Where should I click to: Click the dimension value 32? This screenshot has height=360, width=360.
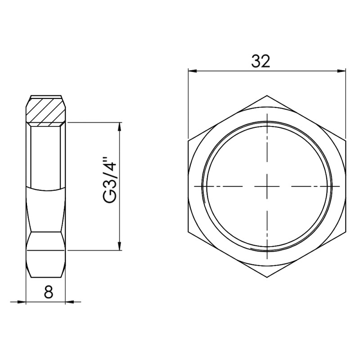(261, 61)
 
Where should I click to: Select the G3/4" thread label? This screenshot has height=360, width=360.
(110, 186)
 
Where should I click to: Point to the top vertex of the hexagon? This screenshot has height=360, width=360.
(267, 95)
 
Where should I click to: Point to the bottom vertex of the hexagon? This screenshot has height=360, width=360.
(267, 277)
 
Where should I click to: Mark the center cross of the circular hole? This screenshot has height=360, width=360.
(267, 186)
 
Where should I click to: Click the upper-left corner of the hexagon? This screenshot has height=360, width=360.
(189, 140)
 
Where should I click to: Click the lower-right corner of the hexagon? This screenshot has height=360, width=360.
(346, 232)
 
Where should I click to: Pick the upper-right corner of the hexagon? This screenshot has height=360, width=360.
(346, 140)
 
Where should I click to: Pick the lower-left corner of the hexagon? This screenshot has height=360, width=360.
(189, 232)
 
